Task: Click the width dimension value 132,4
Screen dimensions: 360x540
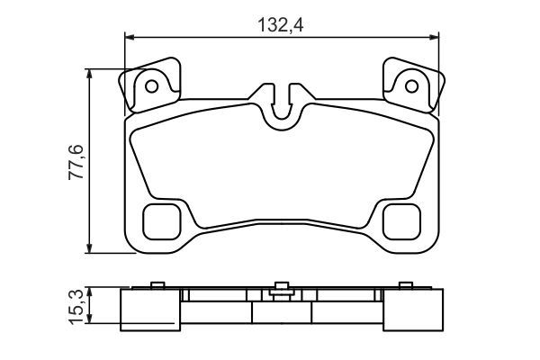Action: tap(282, 24)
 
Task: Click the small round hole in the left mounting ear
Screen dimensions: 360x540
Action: tap(152, 87)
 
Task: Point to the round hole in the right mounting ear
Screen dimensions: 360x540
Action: tap(412, 87)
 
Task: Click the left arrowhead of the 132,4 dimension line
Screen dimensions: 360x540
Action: tap(128, 37)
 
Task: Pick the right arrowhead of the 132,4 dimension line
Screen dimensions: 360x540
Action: tap(436, 37)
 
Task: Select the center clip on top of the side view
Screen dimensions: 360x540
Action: tap(281, 288)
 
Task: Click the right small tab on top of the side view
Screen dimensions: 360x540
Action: tap(406, 286)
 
